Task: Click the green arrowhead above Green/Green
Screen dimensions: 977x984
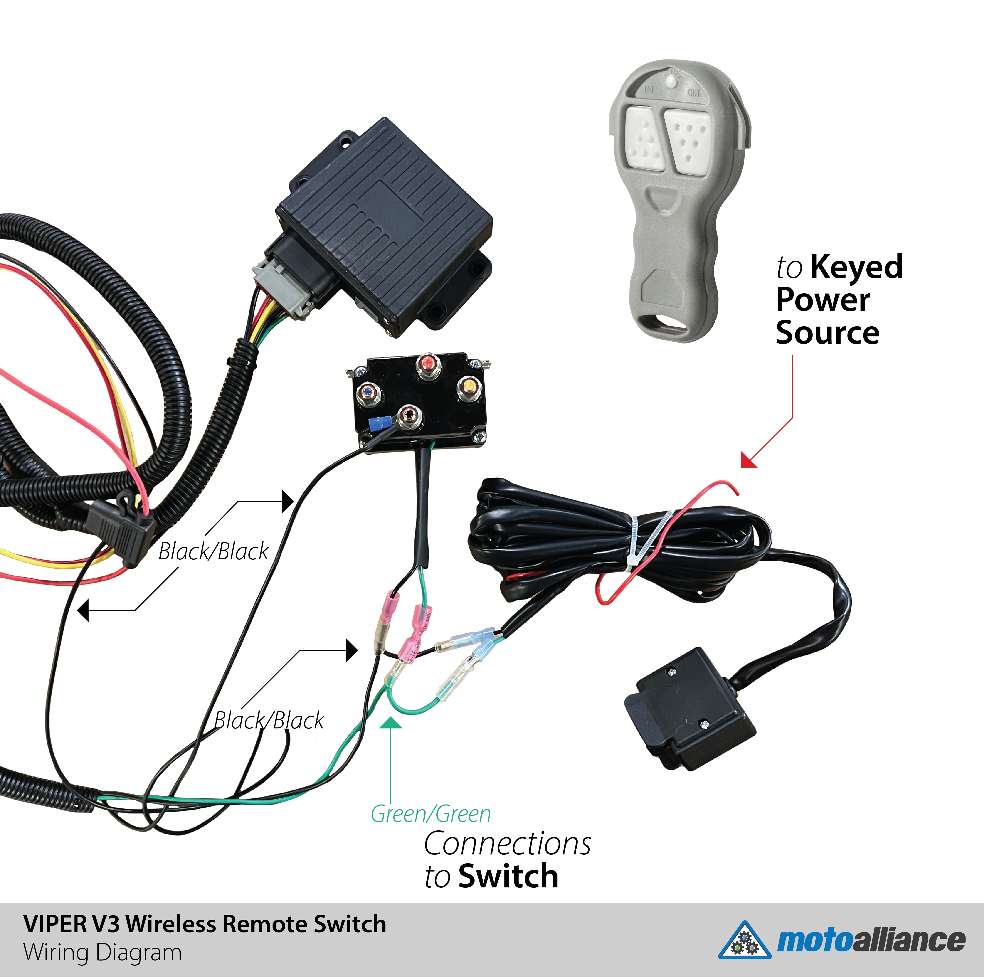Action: (x=391, y=723)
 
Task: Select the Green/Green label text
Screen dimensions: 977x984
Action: (x=430, y=814)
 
